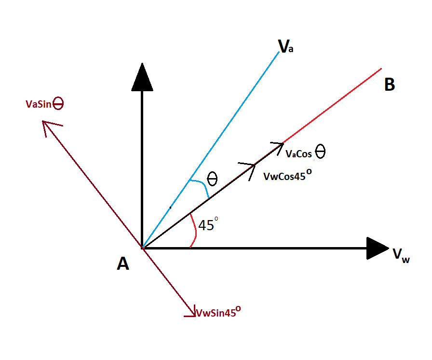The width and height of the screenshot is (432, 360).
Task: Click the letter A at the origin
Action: pos(123,263)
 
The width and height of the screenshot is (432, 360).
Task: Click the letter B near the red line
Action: pos(390,85)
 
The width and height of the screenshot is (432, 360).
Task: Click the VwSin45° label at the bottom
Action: pos(218,312)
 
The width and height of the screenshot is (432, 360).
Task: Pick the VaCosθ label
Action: pos(306,153)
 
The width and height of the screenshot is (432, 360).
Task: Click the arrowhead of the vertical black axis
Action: pos(142,77)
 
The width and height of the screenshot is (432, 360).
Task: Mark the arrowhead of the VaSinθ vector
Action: pos(48,127)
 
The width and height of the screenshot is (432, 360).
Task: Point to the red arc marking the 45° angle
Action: pos(194,233)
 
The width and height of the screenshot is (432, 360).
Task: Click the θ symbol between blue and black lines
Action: pos(212,180)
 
